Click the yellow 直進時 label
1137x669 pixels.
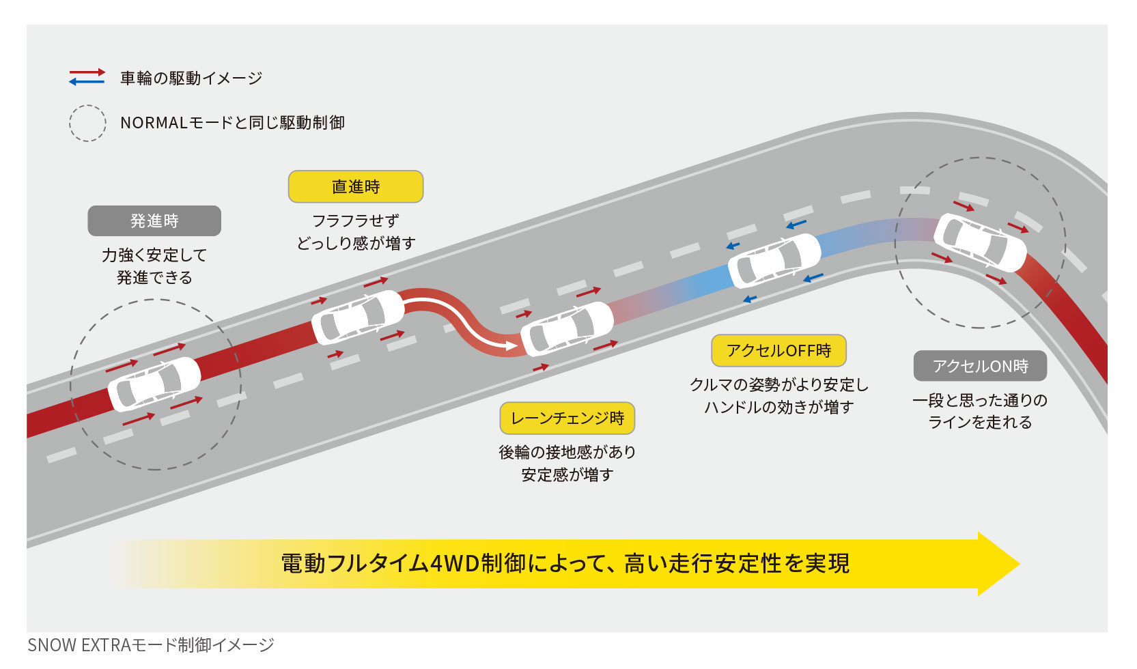pos(356,186)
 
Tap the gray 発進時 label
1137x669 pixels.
pos(154,220)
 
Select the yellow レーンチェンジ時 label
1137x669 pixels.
pos(567,418)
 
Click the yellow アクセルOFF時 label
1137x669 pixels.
pos(778,351)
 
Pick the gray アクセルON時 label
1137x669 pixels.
pos(980,367)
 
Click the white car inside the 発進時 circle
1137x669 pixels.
pos(154,384)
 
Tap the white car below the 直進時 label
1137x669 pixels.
pos(358,317)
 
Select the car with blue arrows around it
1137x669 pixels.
pos(774,261)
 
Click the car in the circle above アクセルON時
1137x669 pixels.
pos(980,242)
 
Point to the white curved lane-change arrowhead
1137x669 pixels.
pos(513,346)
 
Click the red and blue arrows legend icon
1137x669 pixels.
pos(87,77)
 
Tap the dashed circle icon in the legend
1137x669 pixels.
pos(87,123)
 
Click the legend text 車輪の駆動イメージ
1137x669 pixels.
pos(191,78)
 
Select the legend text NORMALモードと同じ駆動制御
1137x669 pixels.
pos(232,123)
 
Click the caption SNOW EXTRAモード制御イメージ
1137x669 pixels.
pos(151,645)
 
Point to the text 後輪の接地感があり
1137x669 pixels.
pos(567,452)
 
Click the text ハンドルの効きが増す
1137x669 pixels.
pos(778,408)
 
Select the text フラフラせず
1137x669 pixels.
pos(355,220)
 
